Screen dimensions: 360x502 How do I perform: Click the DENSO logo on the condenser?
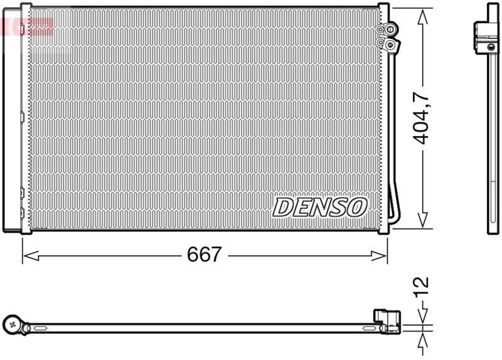pyautogui.click(x=320, y=206)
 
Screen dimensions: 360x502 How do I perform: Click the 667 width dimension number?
pyautogui.click(x=205, y=255)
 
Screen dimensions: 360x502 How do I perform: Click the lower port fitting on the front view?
pyautogui.click(x=391, y=44)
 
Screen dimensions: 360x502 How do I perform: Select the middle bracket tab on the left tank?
pyautogui.click(x=22, y=116)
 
